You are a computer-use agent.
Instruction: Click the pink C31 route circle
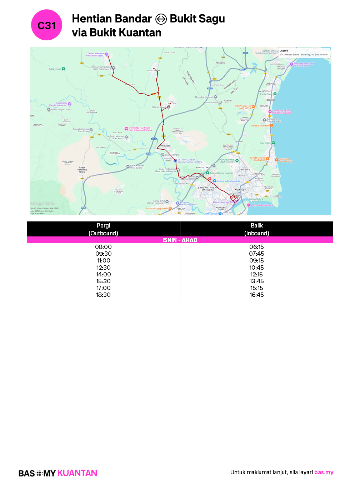[47, 25]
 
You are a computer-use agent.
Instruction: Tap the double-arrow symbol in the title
[161, 19]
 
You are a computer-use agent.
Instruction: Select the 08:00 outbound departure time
[103, 247]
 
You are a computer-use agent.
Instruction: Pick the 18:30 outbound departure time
[103, 295]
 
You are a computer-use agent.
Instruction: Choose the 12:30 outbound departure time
[103, 267]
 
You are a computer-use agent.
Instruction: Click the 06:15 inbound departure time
[256, 247]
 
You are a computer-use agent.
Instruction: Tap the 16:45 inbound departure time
[256, 295]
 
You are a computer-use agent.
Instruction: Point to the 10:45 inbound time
[256, 267]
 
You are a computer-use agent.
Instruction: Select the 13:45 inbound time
[256, 281]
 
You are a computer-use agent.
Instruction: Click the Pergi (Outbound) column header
[103, 229]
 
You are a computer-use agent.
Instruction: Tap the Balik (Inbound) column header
[256, 229]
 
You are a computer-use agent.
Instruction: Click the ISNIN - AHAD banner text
[180, 240]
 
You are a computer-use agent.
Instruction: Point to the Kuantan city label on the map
[240, 189]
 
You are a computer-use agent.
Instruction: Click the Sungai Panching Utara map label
[82, 170]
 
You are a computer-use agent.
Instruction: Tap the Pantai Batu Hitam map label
[260, 126]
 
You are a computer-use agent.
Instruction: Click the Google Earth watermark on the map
[42, 203]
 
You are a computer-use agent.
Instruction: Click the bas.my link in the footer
[324, 472]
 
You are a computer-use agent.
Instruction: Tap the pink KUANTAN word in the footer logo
[77, 473]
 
